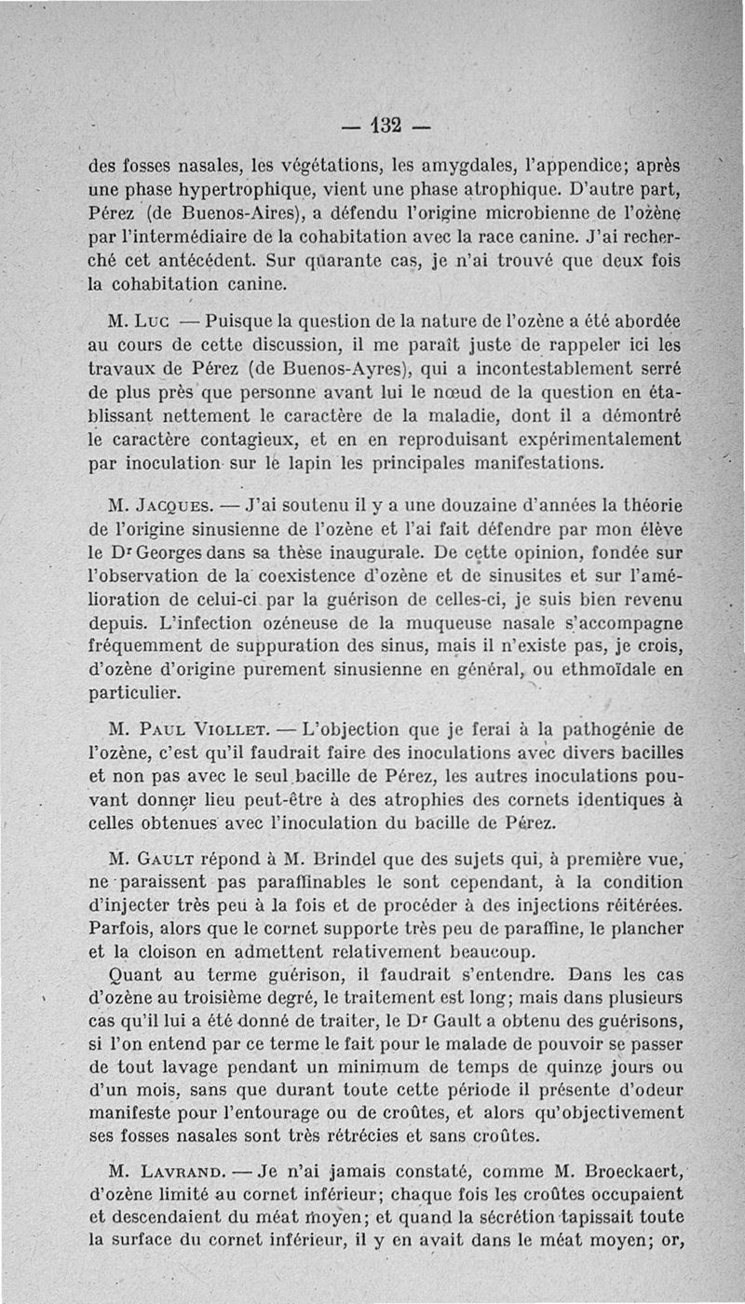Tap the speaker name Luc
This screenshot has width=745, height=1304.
tap(153, 323)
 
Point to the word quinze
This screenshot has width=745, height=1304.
tap(570, 1067)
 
